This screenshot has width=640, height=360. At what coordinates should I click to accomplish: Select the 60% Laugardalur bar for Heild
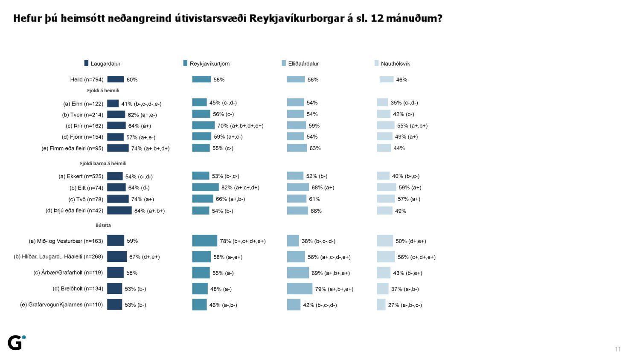(x=116, y=79)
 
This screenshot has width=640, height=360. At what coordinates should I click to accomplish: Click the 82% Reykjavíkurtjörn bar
(x=205, y=187)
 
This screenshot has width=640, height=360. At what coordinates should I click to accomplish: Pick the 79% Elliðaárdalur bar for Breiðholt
(x=300, y=289)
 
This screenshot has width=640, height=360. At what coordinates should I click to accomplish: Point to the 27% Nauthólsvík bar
(x=381, y=305)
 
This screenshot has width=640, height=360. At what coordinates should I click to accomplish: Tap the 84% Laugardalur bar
(x=119, y=210)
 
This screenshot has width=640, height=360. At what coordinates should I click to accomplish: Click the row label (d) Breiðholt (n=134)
(x=78, y=289)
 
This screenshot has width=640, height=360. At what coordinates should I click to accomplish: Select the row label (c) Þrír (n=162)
(x=84, y=126)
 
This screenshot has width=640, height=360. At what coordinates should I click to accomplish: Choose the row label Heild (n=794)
(x=87, y=79)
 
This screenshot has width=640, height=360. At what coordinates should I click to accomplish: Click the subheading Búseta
(x=103, y=225)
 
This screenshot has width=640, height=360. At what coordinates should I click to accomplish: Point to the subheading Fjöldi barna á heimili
(x=103, y=163)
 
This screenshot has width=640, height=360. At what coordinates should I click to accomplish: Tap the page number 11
(x=617, y=349)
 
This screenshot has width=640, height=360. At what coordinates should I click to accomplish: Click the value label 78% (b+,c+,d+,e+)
(x=242, y=241)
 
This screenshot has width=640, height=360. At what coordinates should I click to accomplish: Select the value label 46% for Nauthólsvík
(x=401, y=79)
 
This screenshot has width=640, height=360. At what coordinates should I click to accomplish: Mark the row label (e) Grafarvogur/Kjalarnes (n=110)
(x=61, y=305)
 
